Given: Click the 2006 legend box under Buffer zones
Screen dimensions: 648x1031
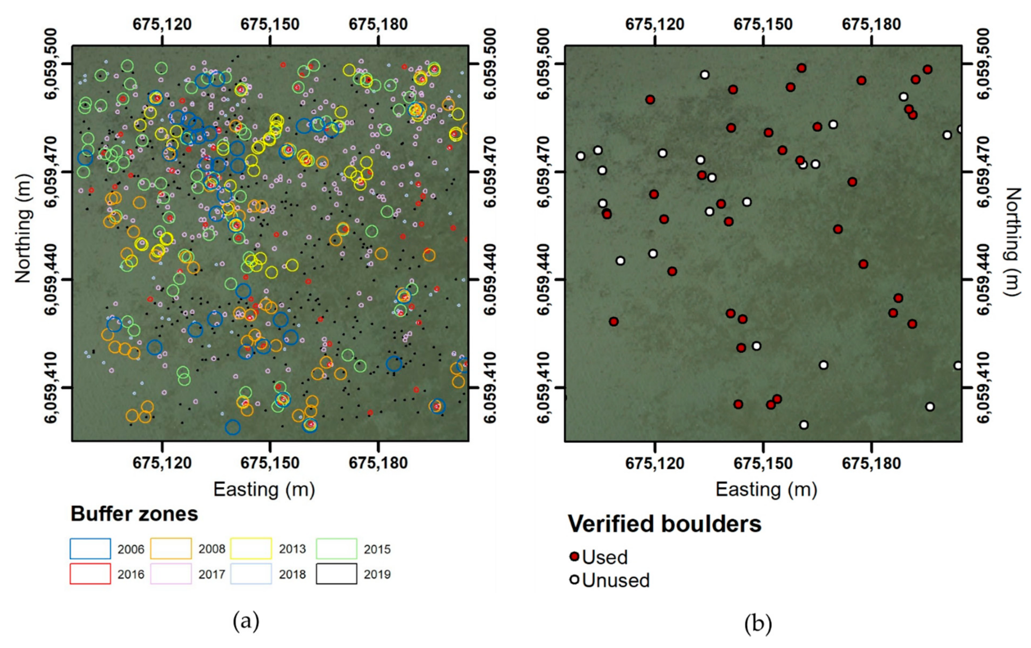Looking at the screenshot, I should [x=90, y=548].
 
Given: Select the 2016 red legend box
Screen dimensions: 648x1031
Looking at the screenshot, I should [x=90, y=573].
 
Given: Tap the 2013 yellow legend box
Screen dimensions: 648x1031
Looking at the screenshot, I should [x=251, y=548].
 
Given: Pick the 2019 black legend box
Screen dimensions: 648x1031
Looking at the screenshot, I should [x=336, y=573].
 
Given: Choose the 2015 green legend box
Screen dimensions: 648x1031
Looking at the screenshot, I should [x=336, y=548].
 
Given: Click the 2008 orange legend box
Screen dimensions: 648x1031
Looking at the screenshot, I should [x=171, y=548].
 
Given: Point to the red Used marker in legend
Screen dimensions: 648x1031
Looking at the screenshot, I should [x=574, y=556].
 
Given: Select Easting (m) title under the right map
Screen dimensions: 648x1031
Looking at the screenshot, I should [x=766, y=489].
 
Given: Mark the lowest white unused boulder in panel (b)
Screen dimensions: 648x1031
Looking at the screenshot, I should [x=804, y=424].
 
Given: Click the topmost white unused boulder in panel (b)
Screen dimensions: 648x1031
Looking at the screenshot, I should [x=704, y=75].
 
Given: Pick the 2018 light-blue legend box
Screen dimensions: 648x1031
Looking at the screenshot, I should [x=251, y=573].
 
